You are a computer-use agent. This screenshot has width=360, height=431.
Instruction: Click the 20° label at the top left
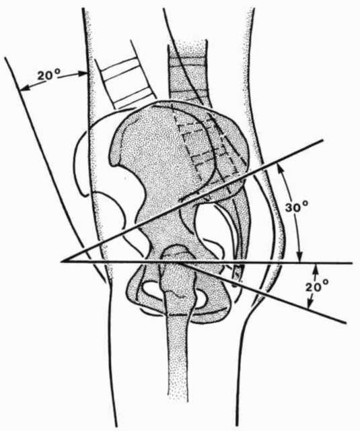point(48,75)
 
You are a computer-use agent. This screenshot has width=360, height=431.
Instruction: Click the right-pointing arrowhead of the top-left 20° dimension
point(83,73)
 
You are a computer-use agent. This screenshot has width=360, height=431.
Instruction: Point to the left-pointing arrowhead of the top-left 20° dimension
point(24,88)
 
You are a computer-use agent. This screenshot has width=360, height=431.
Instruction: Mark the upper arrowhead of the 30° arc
point(281,166)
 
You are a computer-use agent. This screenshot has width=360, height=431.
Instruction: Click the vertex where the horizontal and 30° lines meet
point(61,261)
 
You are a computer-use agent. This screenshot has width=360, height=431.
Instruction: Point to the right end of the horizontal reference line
point(353,263)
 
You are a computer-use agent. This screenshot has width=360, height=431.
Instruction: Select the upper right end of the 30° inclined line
point(323,141)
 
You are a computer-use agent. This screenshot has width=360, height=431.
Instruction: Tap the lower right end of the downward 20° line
point(345,323)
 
